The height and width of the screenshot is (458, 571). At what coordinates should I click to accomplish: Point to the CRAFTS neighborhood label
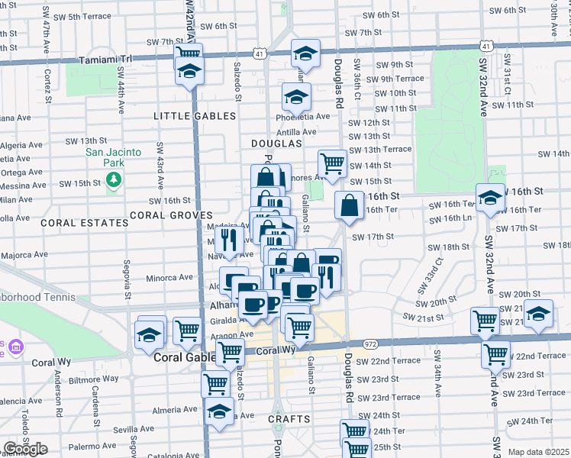point(289,419)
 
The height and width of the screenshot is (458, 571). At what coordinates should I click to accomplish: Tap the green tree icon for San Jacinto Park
point(114,179)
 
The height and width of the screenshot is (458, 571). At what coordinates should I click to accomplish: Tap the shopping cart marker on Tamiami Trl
point(188,53)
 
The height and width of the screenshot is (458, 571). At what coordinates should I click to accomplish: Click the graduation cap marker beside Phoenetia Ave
point(296,96)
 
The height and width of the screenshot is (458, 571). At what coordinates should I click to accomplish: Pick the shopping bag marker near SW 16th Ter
point(349,205)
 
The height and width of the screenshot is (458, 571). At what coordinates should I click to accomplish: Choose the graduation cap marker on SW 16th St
point(489,197)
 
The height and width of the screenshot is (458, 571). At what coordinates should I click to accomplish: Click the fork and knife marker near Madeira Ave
point(229,240)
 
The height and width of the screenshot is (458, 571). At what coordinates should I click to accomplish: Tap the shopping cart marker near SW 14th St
point(332,162)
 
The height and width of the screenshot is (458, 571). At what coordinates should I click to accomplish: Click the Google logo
point(25,449)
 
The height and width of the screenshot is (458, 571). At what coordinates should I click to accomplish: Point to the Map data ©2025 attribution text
point(537,452)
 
